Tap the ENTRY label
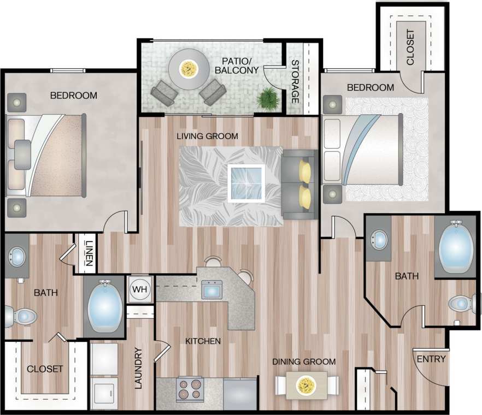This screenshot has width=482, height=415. point(431,359)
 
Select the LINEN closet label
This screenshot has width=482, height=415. point(88,254)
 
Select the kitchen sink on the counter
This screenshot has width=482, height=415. point(211,289)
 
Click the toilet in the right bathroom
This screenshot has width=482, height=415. point(462,304)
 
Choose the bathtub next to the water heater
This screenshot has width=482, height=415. point(104,306)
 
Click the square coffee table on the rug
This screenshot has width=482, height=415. point(246,183)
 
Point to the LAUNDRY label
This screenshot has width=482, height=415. point(138,368)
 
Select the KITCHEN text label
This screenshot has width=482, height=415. point(203,341)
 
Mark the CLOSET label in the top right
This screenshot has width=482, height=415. point(410,47)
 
